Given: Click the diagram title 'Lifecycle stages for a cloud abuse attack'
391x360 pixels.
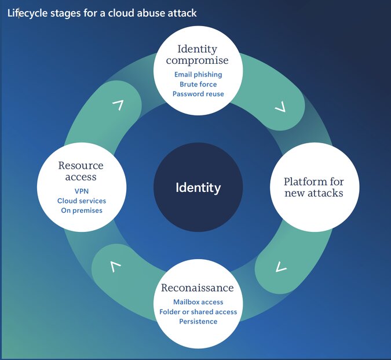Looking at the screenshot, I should click(102, 13).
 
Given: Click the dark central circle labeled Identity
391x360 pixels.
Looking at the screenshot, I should click(198, 188).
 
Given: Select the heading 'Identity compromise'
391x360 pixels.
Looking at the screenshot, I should click(198, 54).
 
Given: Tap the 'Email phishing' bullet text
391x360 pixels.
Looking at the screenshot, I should click(198, 75).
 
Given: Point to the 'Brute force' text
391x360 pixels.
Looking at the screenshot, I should click(198, 84).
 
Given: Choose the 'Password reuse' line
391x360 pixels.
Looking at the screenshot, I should click(198, 94).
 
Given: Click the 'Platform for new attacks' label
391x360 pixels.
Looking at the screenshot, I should click(314, 187).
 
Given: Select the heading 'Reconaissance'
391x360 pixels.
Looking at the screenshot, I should click(198, 288).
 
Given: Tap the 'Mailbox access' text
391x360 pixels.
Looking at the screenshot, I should click(198, 302).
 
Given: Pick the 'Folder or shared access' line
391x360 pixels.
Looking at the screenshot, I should click(198, 312).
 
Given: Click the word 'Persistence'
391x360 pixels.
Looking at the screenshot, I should click(198, 321).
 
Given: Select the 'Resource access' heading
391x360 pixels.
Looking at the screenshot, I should click(81, 171).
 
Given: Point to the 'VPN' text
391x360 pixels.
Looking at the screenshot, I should click(81, 191).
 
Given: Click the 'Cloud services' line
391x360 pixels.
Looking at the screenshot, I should click(81, 201).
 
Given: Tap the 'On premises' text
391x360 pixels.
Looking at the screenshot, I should click(81, 210).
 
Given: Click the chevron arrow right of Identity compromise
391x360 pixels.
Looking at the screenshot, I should click(280, 107).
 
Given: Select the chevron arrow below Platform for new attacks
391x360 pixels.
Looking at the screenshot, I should click(281, 267).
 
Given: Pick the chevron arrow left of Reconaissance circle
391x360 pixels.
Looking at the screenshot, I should click(115, 267).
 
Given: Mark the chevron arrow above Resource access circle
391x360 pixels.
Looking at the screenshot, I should click(118, 105).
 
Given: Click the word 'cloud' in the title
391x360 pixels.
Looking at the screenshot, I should click(119, 13).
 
